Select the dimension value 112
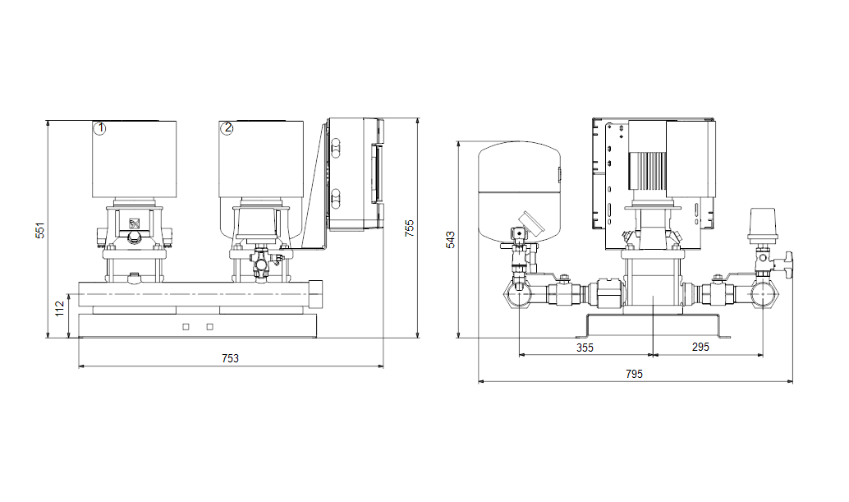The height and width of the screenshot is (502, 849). (x=60, y=308)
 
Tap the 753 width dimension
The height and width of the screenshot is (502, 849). (x=230, y=358)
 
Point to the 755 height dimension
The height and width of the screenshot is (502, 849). (x=410, y=228)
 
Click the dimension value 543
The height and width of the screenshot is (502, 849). (x=451, y=240)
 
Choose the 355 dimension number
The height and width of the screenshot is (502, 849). (x=585, y=348)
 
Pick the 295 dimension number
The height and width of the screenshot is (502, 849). (x=700, y=347)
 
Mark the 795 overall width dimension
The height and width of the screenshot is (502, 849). (x=634, y=374)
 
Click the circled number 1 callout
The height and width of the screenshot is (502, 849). (x=99, y=129)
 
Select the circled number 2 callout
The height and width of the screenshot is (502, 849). (x=227, y=128)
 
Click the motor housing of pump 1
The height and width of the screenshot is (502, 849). (x=135, y=159)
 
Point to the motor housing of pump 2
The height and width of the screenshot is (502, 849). (x=261, y=159)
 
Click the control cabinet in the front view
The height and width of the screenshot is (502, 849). (x=356, y=174)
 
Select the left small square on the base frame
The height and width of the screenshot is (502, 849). (x=186, y=327)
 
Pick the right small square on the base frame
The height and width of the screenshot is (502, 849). (x=210, y=327)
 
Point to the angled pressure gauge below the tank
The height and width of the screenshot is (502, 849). (x=529, y=222)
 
